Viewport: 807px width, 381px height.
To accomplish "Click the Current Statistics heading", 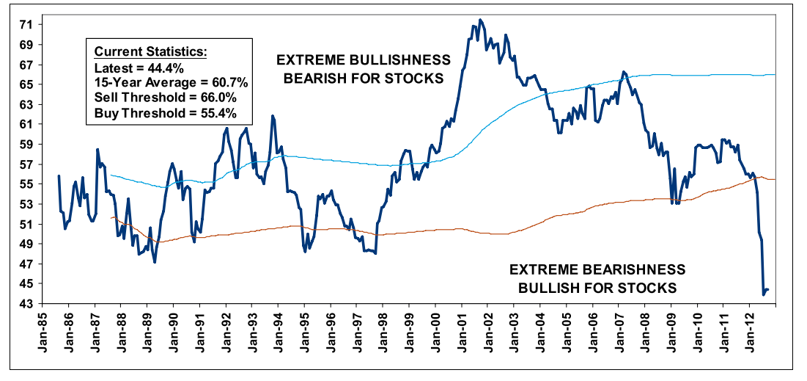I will pos(151,51).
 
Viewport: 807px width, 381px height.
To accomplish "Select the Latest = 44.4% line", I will pos(139,68).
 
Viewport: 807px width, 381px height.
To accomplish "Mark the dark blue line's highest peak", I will pos(480,20).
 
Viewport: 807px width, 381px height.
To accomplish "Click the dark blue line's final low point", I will pos(764,294).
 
